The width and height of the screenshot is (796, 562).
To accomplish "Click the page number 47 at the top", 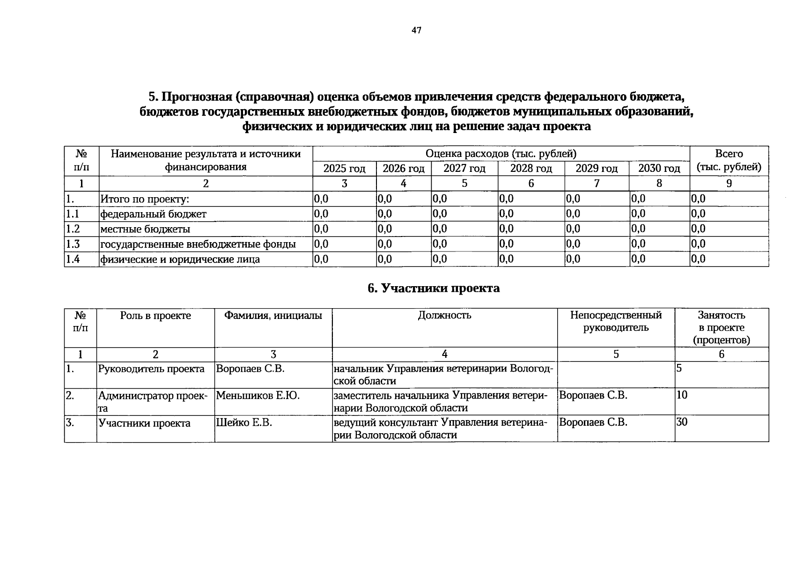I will tap(416, 30).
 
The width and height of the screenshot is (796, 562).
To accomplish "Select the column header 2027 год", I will tap(464, 169).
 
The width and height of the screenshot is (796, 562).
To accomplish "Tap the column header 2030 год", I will tap(659, 169).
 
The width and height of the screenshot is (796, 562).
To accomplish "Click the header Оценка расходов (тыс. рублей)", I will tap(501, 154).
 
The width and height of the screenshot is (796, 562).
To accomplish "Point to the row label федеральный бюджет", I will tap(153, 214).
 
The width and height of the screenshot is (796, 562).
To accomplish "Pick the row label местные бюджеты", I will tap(146, 229).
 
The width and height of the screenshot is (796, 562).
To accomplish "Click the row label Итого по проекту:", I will tap(145, 200).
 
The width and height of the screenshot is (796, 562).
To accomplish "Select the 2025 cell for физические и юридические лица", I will tap(322, 259).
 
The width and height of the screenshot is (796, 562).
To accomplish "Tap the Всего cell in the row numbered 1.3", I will tap(698, 244).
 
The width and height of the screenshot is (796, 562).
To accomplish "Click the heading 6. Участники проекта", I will tap(434, 288).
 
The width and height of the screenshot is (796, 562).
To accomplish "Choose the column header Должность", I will tap(444, 315).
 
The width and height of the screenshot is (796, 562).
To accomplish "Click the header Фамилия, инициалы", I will tap(273, 315).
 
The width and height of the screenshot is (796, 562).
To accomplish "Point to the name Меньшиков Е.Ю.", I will tap(258, 396).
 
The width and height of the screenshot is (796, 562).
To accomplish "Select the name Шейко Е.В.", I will tap(244, 423).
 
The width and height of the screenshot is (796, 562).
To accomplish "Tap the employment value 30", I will tap(682, 422).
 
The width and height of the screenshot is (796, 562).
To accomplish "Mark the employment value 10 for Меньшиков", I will tap(682, 395).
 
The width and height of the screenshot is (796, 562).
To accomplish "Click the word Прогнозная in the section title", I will tap(197, 97).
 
